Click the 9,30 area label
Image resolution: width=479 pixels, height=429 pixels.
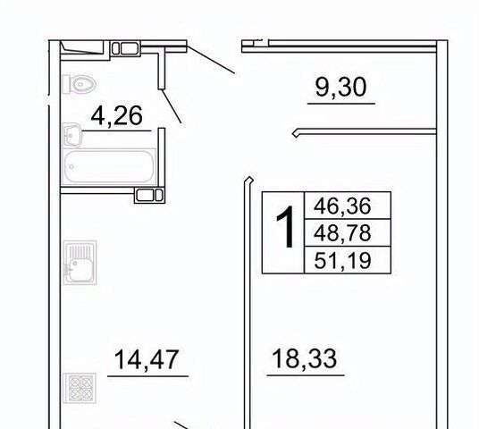click(x=340, y=88)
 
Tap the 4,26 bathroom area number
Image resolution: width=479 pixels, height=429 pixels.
click(x=117, y=116)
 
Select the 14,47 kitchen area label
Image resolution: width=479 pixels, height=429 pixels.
click(x=147, y=360)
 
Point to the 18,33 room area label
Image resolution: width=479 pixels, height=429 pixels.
click(x=304, y=358)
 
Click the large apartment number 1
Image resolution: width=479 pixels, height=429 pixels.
click(x=285, y=227)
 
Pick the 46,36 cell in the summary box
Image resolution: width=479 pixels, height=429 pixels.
click(x=342, y=206)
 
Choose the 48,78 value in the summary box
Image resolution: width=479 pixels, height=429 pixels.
click(x=342, y=233)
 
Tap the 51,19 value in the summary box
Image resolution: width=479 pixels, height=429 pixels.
click(x=342, y=261)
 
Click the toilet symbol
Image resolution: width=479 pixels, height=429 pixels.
click(x=80, y=84)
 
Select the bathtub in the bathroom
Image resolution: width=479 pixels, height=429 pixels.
click(x=109, y=167)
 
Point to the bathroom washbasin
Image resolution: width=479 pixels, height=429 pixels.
click(x=72, y=135)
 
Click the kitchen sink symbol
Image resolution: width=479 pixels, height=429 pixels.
click(x=80, y=263)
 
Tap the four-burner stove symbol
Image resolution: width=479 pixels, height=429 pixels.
click(x=80, y=388)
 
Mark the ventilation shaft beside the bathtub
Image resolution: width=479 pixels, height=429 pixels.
click(x=150, y=195)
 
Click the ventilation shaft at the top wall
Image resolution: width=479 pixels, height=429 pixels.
click(x=125, y=48)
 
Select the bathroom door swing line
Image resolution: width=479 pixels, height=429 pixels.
click(x=171, y=106)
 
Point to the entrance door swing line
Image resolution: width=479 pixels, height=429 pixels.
click(x=211, y=60)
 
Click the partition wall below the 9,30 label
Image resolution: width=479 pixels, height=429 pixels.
click(x=364, y=132)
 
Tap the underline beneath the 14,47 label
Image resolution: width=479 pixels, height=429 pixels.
click(x=147, y=376)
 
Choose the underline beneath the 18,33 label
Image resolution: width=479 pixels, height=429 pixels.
click(x=306, y=374)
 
